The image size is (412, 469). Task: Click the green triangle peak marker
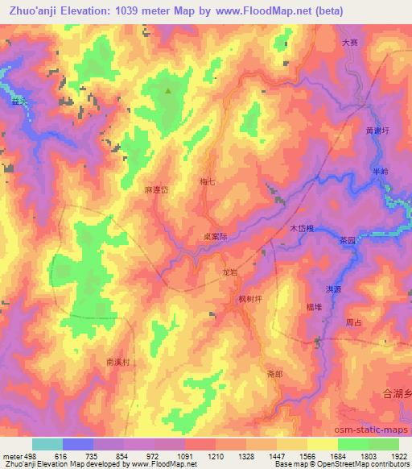[x=168, y=91]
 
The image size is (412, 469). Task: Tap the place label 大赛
[x=349, y=43]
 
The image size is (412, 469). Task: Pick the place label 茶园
[x=347, y=239]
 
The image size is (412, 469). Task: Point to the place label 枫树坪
[x=250, y=300]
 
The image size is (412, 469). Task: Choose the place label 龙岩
[x=229, y=272]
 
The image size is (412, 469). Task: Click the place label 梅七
[x=207, y=182]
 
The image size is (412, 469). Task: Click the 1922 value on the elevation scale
[x=400, y=456]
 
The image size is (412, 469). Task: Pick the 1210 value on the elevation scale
[x=213, y=456]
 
